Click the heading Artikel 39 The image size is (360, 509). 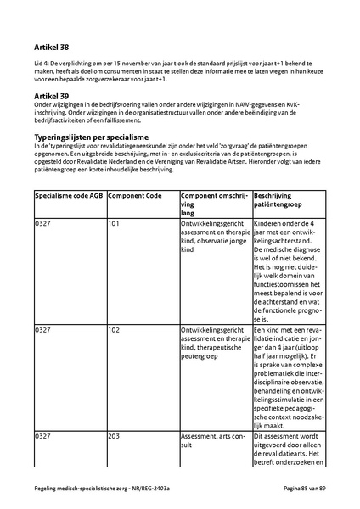[x=52, y=98]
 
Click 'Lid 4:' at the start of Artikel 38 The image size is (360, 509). [x=42, y=64]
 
